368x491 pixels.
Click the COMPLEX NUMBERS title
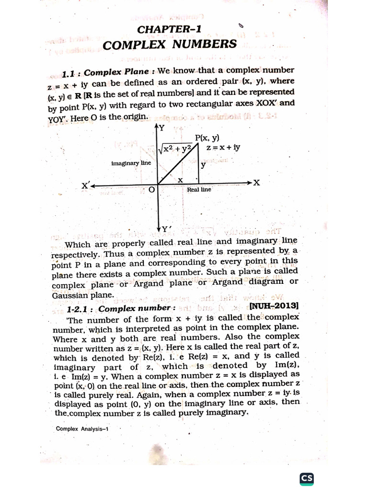point(170,45)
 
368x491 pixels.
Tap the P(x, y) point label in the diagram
point(207,138)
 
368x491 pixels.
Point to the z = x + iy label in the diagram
point(223,148)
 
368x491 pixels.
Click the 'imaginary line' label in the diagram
point(131,163)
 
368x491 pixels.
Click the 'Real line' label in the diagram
point(199,189)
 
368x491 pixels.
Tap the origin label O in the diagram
point(151,190)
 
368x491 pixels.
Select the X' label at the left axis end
point(86,186)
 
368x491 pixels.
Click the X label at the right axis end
point(257,183)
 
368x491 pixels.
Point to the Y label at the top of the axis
point(161,128)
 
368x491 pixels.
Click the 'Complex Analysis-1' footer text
point(82,429)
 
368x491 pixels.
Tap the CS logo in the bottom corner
point(307,478)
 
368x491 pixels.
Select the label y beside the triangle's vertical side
point(203,165)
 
